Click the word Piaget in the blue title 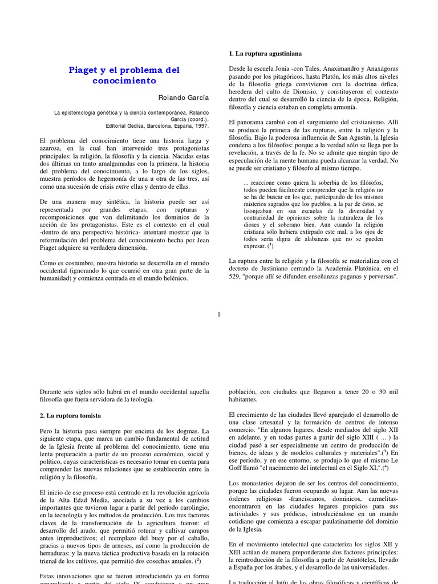(x=83, y=70)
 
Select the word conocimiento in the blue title (x=124, y=81)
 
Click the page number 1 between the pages (x=218, y=314)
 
